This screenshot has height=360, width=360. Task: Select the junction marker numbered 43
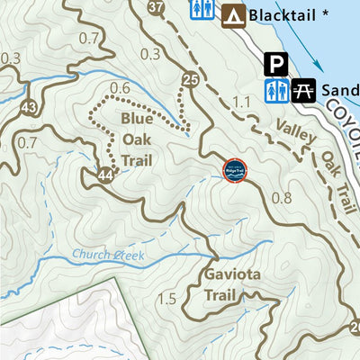coord(30,107)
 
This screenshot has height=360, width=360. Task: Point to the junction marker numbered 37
coord(156,8)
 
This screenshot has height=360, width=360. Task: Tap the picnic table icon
coord(302,91)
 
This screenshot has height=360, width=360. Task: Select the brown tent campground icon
coord(234,14)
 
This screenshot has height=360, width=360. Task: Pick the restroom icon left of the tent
coord(201,10)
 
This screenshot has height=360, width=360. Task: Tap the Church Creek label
coord(109,256)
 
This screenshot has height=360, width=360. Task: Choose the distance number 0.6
coord(119,87)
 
